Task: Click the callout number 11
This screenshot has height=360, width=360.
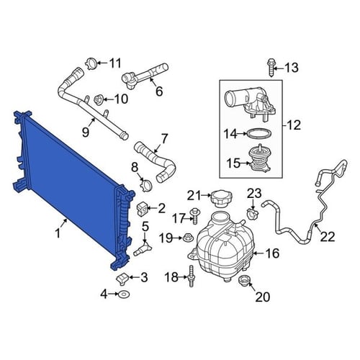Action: click(x=115, y=63)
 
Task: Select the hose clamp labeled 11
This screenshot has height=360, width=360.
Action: click(x=91, y=64)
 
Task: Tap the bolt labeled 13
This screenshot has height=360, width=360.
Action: click(x=271, y=68)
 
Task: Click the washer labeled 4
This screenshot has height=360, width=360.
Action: click(x=124, y=294)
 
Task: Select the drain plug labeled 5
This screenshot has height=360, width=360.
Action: click(x=143, y=249)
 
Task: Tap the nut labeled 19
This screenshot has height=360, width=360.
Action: click(x=187, y=238)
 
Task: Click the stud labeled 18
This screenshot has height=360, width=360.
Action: click(x=192, y=276)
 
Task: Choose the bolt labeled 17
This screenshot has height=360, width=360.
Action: click(x=195, y=216)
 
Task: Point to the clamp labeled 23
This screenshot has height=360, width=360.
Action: click(x=253, y=213)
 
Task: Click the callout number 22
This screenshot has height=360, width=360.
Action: click(x=328, y=237)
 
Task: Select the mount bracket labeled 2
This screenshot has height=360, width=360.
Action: click(x=143, y=209)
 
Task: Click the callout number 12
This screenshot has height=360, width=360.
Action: click(x=293, y=125)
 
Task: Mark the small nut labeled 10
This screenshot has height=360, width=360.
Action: click(x=99, y=99)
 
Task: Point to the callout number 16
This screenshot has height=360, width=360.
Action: click(x=272, y=253)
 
